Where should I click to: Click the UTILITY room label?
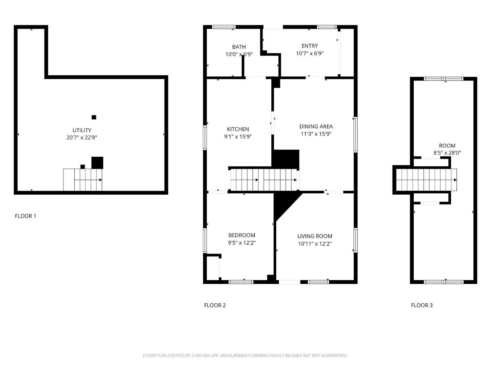click(82, 130)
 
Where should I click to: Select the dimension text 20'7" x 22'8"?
click(82, 138)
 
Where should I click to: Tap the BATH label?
click(239, 47)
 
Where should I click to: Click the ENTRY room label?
click(309, 46)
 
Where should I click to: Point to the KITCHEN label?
click(238, 129)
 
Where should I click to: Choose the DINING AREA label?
click(316, 126)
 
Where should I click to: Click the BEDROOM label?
click(242, 235)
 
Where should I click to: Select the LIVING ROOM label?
click(315, 236)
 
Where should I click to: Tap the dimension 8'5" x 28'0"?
click(447, 153)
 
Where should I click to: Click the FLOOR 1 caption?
click(26, 216)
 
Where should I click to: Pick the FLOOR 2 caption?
click(215, 305)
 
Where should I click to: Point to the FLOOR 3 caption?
click(422, 305)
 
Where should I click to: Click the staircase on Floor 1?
click(83, 180)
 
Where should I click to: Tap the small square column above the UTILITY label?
click(94, 117)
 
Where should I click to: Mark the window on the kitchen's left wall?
click(205, 138)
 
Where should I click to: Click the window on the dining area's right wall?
click(355, 134)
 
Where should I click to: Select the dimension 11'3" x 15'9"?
click(316, 134)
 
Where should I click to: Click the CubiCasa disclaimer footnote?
click(245, 356)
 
